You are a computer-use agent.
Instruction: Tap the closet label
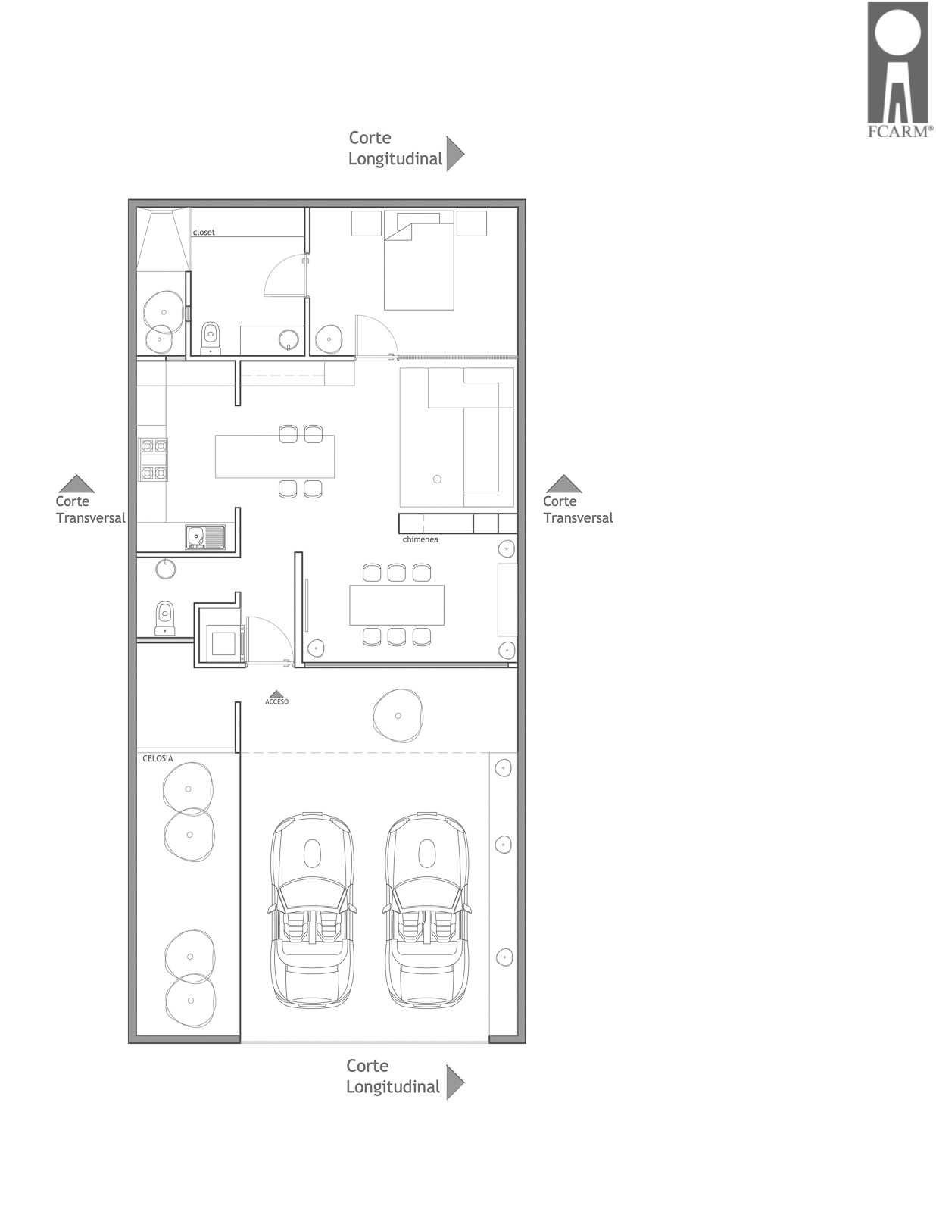(204, 232)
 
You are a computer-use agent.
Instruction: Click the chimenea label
(420, 539)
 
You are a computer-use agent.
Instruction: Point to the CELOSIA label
(158, 758)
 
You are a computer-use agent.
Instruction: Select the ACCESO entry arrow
(276, 694)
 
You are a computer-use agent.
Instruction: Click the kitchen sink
(205, 537)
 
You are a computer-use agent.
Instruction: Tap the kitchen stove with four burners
(153, 460)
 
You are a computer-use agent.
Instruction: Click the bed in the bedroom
(419, 261)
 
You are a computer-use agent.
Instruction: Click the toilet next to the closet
(211, 337)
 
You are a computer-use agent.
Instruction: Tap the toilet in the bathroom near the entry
(164, 618)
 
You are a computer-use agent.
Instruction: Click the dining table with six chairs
(397, 605)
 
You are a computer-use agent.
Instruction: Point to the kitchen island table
(275, 456)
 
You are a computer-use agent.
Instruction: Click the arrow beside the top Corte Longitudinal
(455, 153)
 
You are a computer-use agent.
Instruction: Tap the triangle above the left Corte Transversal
(76, 484)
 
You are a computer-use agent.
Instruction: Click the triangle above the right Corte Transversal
(563, 484)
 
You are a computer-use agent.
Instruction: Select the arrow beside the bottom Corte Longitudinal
(455, 1082)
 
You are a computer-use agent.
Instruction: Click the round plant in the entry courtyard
(398, 716)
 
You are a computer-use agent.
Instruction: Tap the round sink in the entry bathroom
(166, 568)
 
